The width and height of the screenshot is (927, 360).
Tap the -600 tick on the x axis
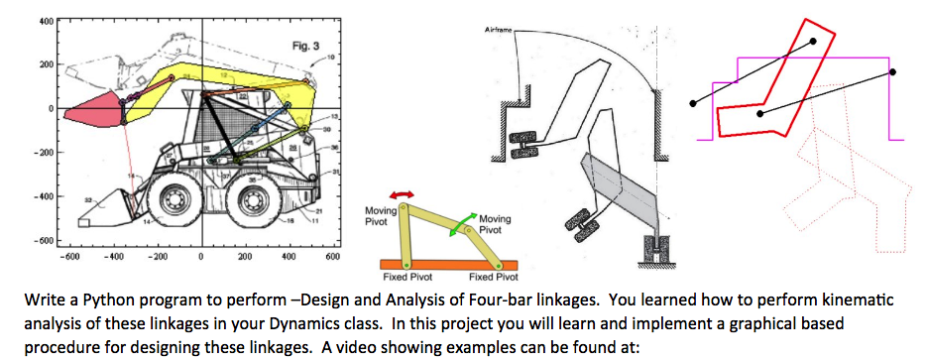pos(66,256)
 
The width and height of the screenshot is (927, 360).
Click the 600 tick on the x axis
pos(332,256)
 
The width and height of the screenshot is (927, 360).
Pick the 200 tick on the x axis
pos(245,256)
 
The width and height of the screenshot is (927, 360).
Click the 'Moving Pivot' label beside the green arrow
pos(495,222)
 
